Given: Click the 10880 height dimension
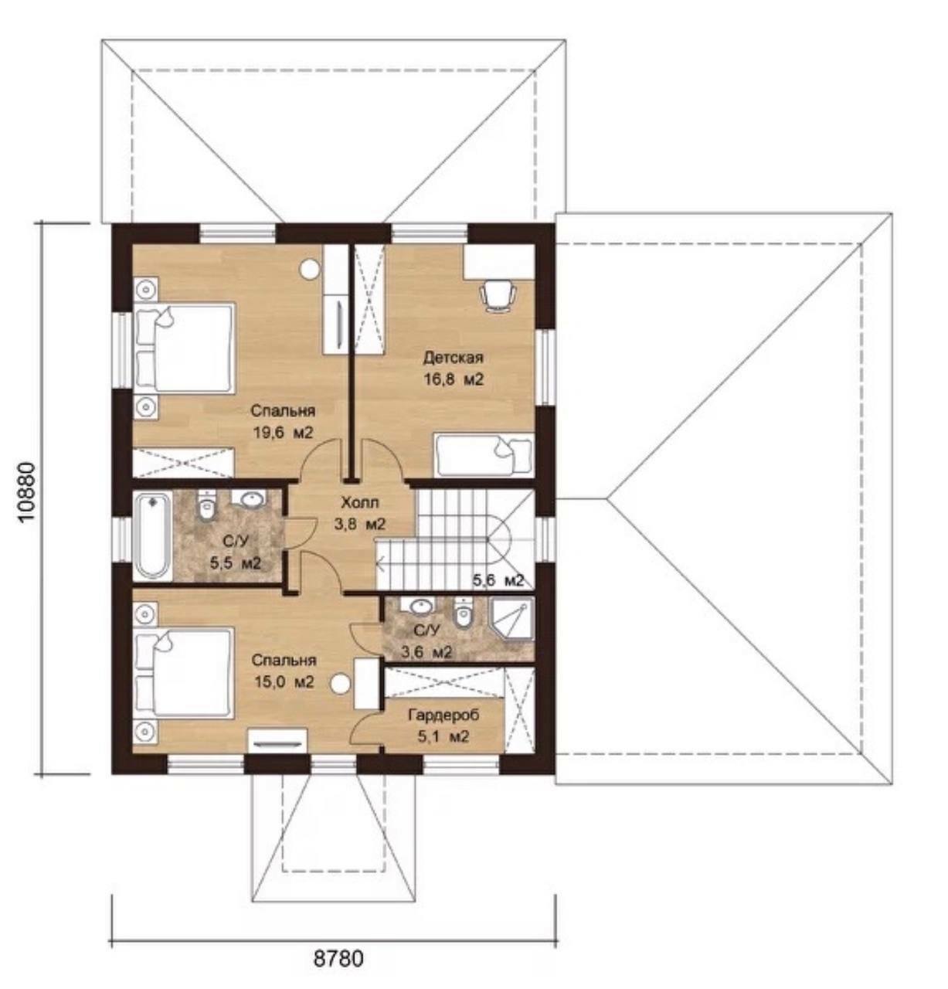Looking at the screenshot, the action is tap(26, 492).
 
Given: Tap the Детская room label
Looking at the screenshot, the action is tap(453, 357).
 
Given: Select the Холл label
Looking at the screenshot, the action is tap(360, 503).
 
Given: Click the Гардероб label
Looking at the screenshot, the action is tap(443, 715).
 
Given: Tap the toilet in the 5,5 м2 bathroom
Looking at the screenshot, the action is tap(206, 506).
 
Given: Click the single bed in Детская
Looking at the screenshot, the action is tap(483, 455).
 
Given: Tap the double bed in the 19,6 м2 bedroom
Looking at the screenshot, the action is tap(184, 348).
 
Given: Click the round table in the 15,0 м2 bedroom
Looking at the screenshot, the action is tap(340, 684).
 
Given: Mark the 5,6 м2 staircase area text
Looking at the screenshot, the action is tap(498, 580).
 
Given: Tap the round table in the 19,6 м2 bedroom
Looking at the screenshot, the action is tap(310, 269).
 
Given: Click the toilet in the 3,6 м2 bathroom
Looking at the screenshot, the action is tap(463, 613).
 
